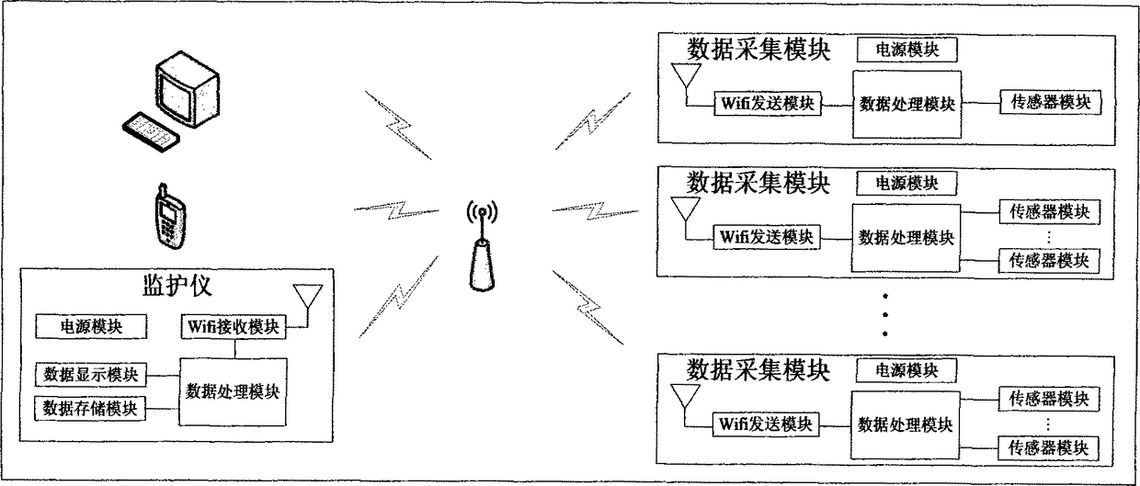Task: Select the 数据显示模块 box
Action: [91, 375]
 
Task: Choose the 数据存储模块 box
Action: [91, 407]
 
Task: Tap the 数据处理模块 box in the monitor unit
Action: [233, 390]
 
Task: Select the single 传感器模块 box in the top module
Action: [1049, 102]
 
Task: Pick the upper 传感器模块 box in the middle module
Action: [1049, 212]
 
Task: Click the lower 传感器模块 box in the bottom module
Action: [1049, 448]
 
